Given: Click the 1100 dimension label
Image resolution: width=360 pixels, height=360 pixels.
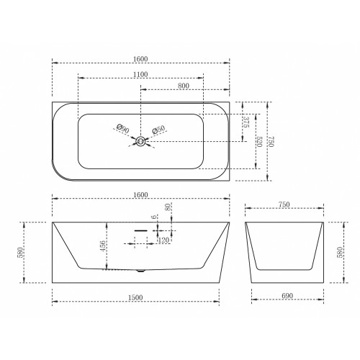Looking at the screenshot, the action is pyautogui.click(x=140, y=74).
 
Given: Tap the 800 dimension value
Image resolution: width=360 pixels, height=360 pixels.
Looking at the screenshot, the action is pyautogui.click(x=184, y=86).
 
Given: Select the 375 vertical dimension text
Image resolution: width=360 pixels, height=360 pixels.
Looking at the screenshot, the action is pyautogui.click(x=246, y=122).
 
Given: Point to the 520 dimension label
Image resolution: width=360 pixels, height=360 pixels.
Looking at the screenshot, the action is pyautogui.click(x=259, y=142).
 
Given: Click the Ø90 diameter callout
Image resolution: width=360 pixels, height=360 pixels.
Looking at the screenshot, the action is pyautogui.click(x=122, y=129).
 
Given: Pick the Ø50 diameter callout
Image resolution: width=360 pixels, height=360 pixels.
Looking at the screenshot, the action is pyautogui.click(x=159, y=130).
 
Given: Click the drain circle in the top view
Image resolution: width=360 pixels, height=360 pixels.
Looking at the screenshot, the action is pyautogui.click(x=141, y=141).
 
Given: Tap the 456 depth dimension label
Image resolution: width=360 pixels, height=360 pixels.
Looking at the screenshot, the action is pyautogui.click(x=103, y=246).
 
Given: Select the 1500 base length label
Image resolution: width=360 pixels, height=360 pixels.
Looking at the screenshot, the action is pyautogui.click(x=135, y=297).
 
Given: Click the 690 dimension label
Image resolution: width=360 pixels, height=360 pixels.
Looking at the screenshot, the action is pyautogui.click(x=287, y=296).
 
